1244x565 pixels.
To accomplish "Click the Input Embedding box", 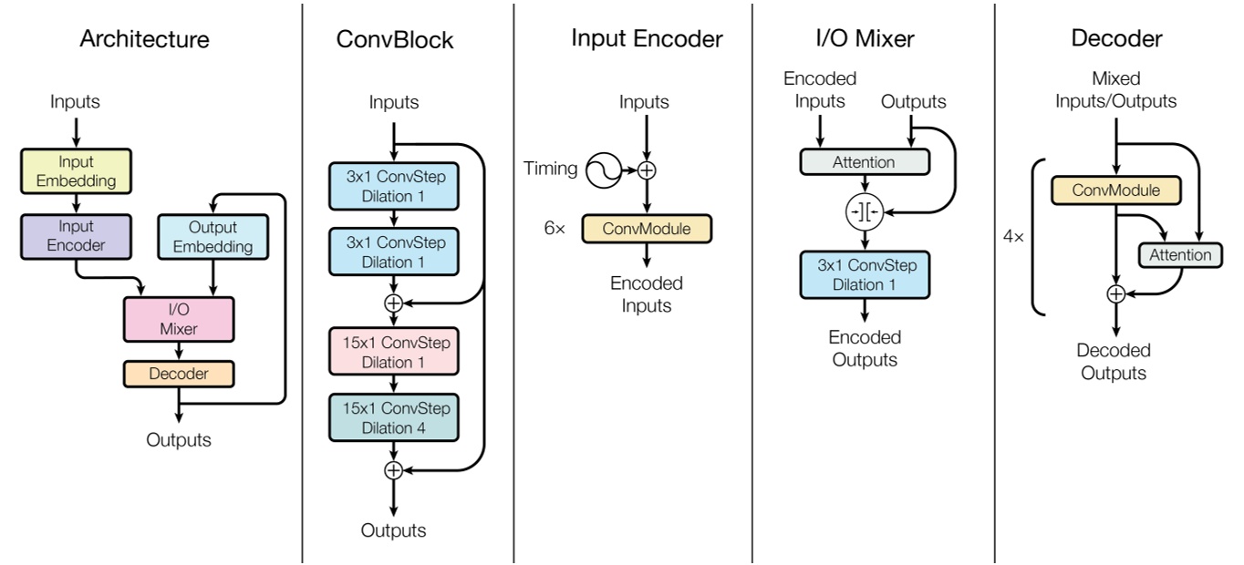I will [76, 170].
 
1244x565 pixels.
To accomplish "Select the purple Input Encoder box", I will [76, 236].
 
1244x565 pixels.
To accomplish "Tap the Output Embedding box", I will [213, 237].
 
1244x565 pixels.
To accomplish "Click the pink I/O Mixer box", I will [179, 319].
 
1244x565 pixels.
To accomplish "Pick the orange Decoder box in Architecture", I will [179, 374].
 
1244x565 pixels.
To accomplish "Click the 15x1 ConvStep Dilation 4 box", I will [393, 418].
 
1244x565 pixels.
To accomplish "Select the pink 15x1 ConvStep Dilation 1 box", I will [393, 352].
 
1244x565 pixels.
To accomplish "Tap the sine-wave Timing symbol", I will [604, 169].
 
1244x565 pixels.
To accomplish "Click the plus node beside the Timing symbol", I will [647, 169].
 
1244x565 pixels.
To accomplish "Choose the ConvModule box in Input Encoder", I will [646, 228].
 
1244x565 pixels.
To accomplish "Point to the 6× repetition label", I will [555, 229].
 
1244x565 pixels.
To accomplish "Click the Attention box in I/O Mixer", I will [864, 162].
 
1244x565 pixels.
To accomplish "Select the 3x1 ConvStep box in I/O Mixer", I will [865, 274].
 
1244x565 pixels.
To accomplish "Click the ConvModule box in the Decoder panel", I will [1115, 190].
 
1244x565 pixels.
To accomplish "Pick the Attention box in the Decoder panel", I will [1180, 255].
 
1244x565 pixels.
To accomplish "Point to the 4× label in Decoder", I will [1013, 236].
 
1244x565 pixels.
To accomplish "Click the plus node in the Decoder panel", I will [1115, 293].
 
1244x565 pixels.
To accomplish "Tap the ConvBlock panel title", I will [394, 40].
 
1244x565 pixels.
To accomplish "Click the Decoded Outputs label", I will [1114, 362].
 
